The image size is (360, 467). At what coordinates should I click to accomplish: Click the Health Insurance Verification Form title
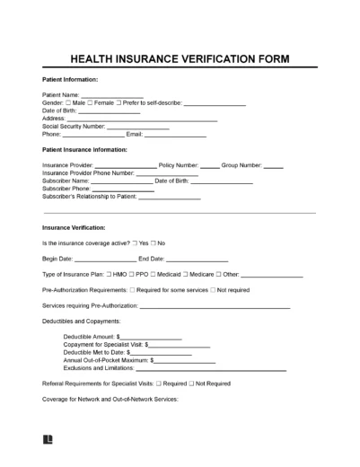[x=180, y=58]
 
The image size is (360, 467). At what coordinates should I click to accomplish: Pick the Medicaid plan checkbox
[x=154, y=274]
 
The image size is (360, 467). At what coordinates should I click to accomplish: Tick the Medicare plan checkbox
[x=187, y=274]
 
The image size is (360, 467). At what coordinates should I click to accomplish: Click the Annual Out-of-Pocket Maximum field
[x=184, y=359]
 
